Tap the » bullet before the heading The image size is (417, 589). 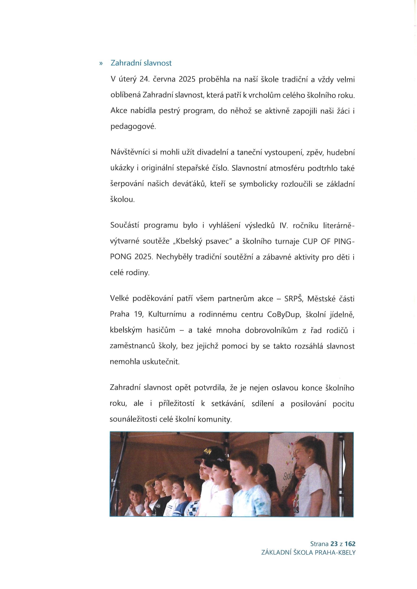(x=101, y=63)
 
